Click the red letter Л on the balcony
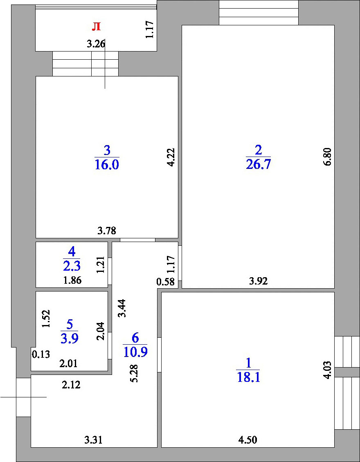coord(96,27)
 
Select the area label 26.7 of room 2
coord(258,164)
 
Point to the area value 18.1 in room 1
coord(248,377)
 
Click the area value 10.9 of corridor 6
coord(135,352)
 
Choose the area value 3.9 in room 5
coord(69,339)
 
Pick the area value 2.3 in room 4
coord(72,266)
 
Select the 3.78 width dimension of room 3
coord(107,231)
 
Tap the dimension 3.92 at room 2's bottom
coord(258,281)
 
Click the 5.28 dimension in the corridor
coord(135,374)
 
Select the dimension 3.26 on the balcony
coord(96,45)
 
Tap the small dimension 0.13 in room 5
coord(40,354)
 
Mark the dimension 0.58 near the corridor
coord(165,282)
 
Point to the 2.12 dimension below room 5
coord(71,385)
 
